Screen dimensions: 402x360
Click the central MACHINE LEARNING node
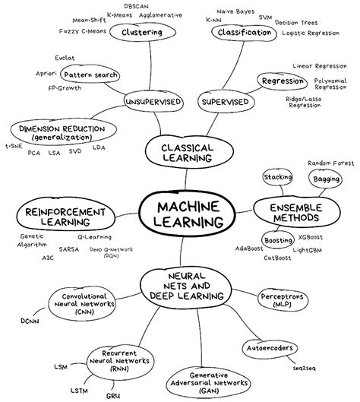click(183, 214)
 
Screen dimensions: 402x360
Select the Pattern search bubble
click(90, 75)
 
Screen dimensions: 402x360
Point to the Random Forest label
click(331, 163)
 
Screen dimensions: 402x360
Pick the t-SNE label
click(13, 146)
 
